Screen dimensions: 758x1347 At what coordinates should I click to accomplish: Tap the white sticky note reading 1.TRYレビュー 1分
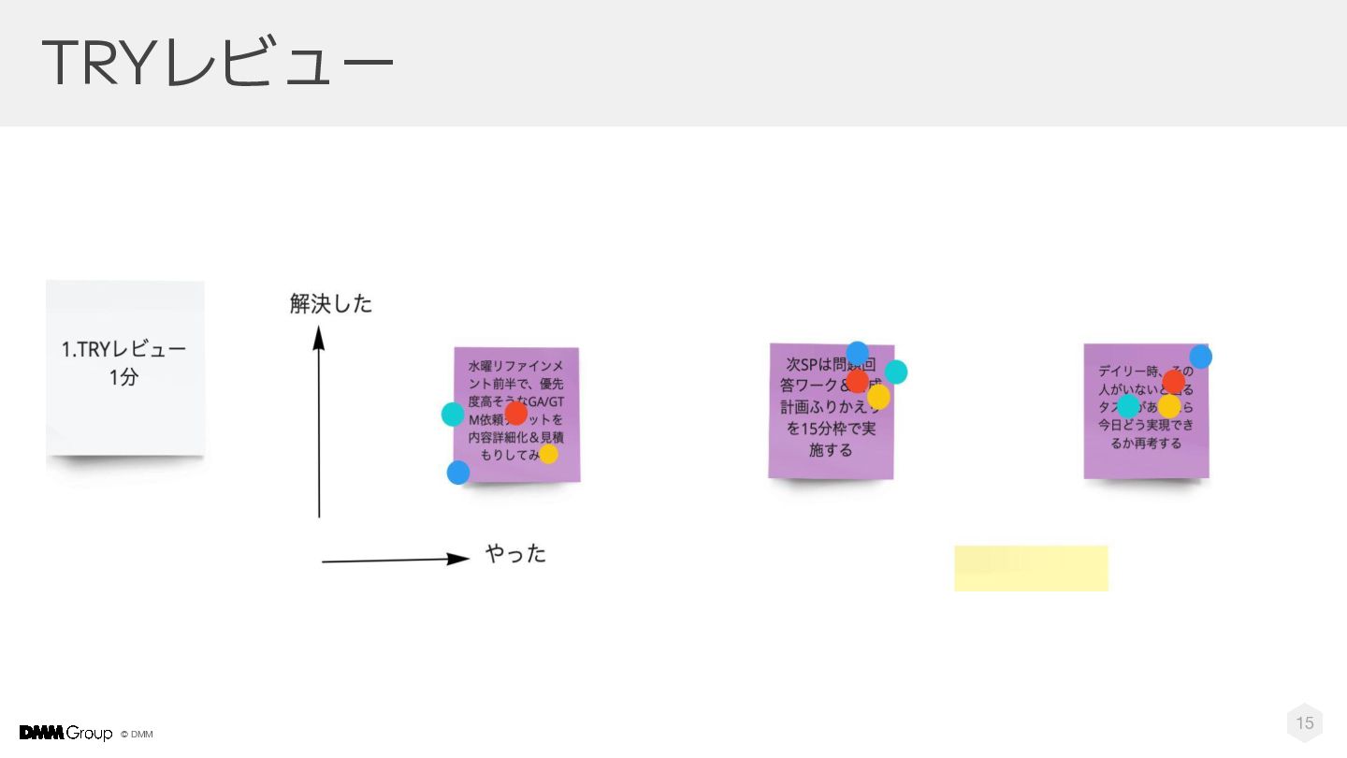[x=124, y=367]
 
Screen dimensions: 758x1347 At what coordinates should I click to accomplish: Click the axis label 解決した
[x=331, y=303]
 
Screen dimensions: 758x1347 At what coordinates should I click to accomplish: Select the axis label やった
[x=515, y=553]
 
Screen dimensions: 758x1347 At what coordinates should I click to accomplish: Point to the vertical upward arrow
[x=319, y=421]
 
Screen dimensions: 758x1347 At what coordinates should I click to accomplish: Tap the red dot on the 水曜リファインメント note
[x=515, y=413]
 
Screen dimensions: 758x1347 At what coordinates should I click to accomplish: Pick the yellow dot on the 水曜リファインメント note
[x=548, y=454]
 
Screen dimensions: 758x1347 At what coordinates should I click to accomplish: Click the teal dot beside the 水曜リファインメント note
[x=453, y=414]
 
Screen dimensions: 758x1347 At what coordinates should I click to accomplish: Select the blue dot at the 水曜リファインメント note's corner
[x=458, y=473]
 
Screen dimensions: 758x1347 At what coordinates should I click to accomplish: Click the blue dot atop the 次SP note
[x=857, y=353]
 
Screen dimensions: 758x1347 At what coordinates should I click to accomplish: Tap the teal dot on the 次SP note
[x=896, y=372]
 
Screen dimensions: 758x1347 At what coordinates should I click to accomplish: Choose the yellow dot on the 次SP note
[x=878, y=397]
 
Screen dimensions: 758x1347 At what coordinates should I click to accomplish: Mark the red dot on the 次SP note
[x=857, y=381]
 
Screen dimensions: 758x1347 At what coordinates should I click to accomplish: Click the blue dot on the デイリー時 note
[x=1201, y=357]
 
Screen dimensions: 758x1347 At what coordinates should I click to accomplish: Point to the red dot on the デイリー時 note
[x=1173, y=382]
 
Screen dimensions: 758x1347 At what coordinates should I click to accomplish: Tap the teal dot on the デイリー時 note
[x=1129, y=406]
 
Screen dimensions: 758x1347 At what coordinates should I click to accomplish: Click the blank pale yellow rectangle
[x=1031, y=568]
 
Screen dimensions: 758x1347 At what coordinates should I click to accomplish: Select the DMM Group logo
[x=65, y=733]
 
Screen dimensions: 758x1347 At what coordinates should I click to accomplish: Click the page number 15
[x=1305, y=722]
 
